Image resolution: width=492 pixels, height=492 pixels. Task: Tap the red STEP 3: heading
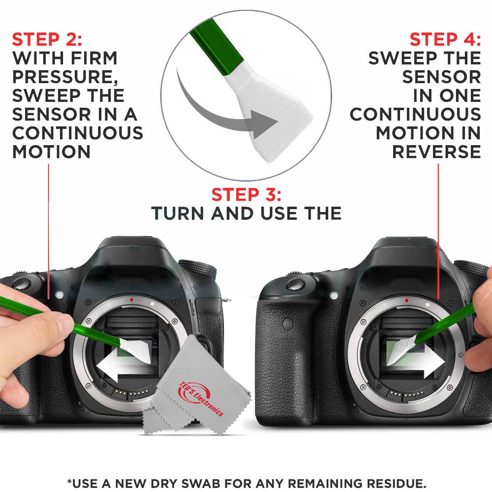246,195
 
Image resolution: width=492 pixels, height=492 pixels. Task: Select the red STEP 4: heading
445,39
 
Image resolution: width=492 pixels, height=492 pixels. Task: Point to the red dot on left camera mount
132,299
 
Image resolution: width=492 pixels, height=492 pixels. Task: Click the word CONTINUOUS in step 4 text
415,114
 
